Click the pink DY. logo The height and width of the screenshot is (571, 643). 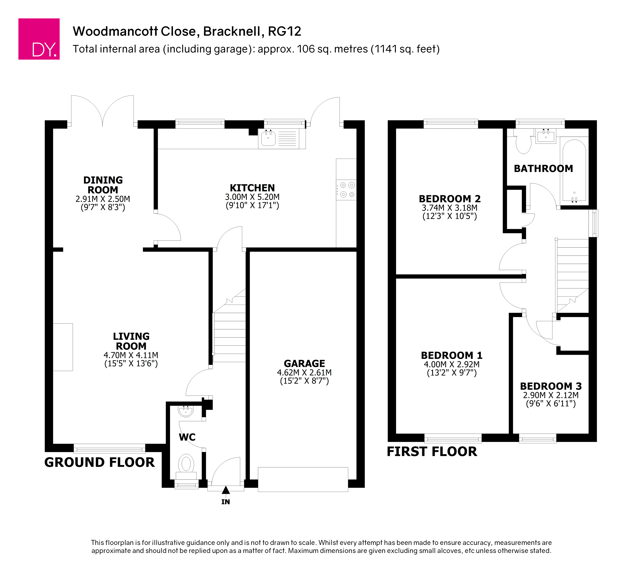pos(39,39)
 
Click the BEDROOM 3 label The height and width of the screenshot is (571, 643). pos(551,386)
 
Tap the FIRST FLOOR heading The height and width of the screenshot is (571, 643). pos(432,452)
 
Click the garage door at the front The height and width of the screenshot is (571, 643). pos(303,479)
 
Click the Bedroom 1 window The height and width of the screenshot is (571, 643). pos(453,438)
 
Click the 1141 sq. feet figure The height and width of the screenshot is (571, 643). pos(405,49)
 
